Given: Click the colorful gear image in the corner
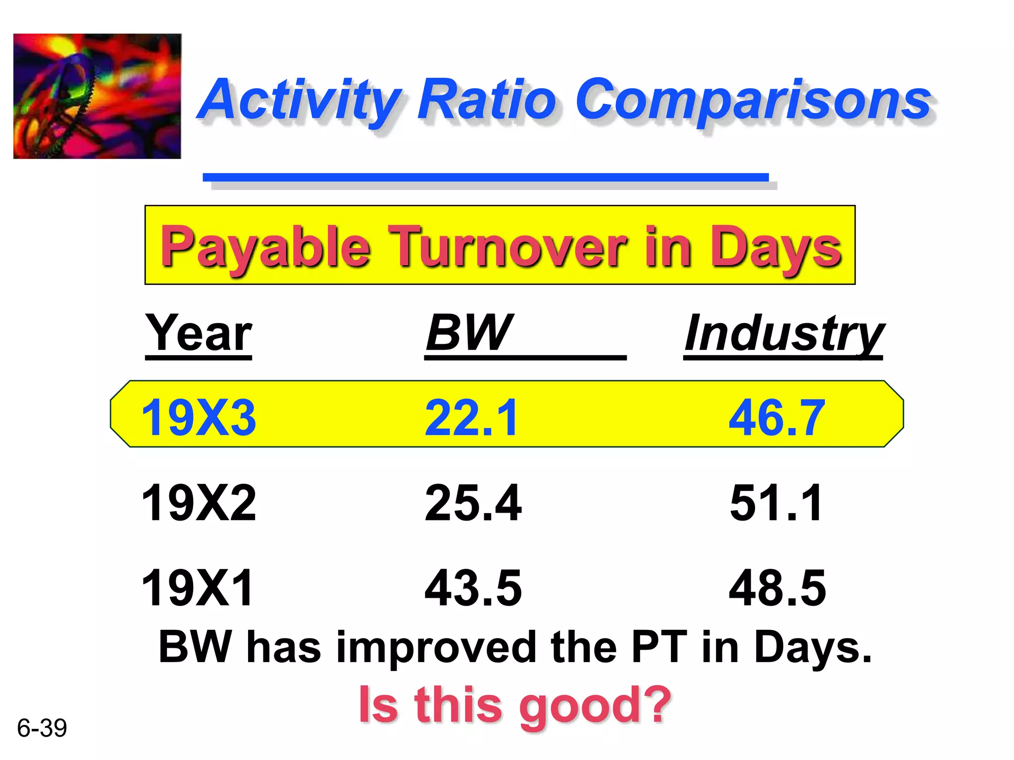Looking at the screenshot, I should coord(97,96).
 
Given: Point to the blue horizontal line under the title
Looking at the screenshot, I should coord(485,177).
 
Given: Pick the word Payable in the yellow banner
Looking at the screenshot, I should coord(265,246).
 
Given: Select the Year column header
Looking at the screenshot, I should coord(199,333).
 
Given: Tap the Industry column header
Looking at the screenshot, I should coord(783,334).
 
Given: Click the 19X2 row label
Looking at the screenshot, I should coord(199,503).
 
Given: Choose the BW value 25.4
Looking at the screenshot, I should coord(473,503).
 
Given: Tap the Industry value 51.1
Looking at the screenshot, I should coord(776,503).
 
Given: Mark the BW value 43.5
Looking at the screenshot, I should coord(473,587).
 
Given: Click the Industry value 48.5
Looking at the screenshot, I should coord(777,587).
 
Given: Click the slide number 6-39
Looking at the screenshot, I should coord(42,728).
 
